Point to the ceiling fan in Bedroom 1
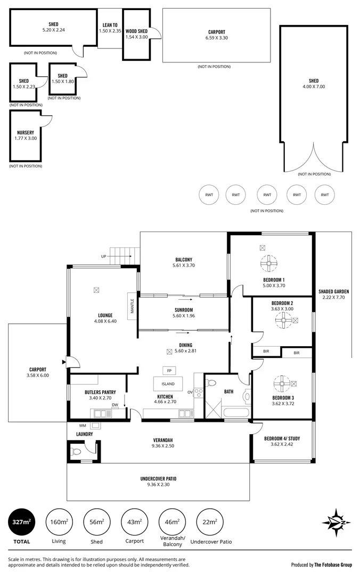(x=269, y=263)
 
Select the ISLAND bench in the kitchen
(x=167, y=383)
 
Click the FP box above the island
(x=169, y=371)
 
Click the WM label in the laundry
(x=82, y=426)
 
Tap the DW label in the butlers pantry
(x=114, y=405)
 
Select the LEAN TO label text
(x=111, y=25)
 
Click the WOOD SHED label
(x=137, y=31)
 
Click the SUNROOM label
(x=183, y=309)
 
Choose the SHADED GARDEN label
(x=333, y=291)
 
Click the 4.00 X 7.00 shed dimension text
(x=314, y=86)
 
